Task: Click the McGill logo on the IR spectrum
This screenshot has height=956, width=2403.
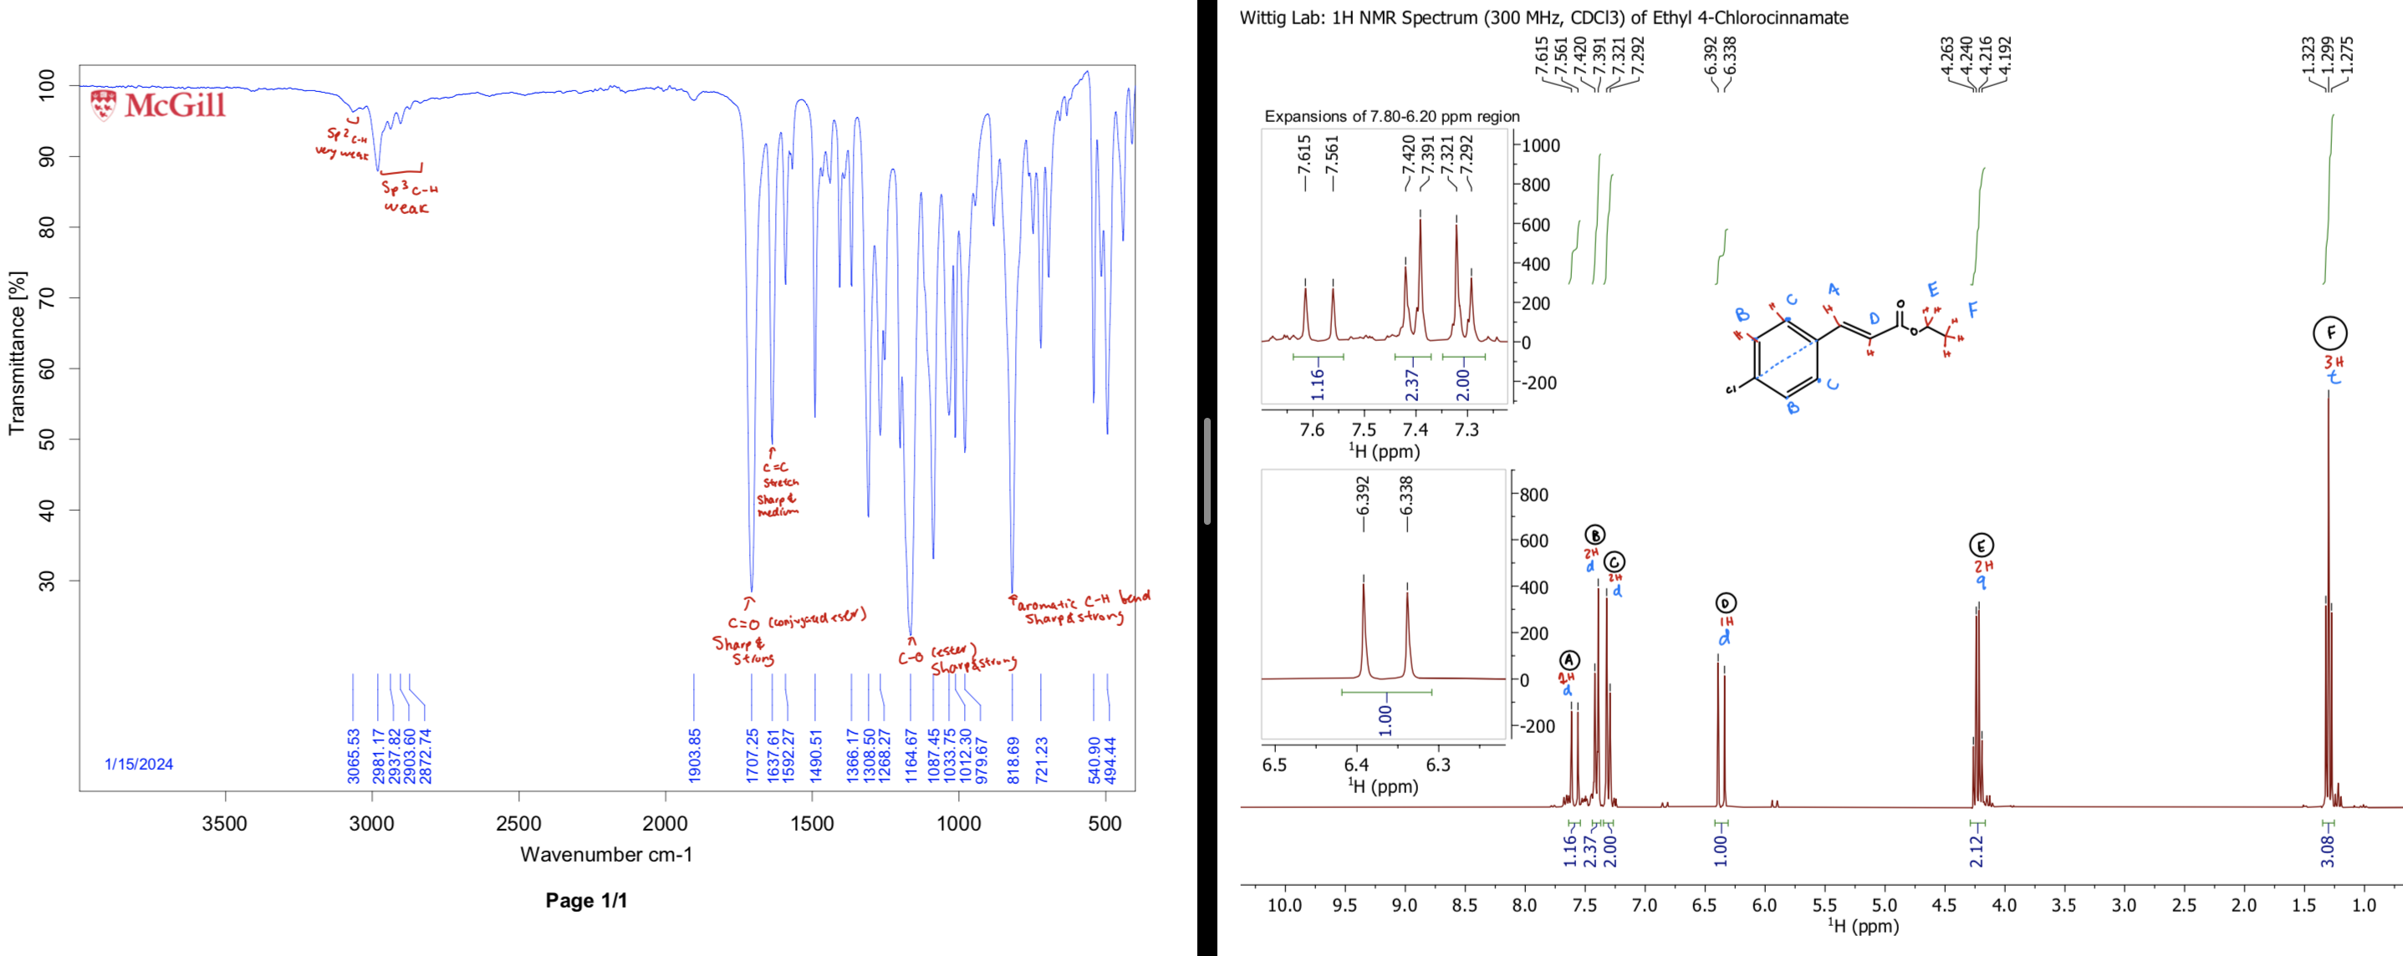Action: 159,104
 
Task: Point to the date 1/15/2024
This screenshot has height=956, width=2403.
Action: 139,764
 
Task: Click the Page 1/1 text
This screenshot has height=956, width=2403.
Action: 587,900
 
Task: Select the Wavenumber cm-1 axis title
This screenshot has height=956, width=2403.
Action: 606,854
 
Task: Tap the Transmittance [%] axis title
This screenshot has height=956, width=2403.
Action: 17,353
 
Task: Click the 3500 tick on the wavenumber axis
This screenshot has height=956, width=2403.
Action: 225,824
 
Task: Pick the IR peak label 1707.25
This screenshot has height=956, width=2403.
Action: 752,755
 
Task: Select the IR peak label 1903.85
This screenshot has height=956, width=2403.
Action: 694,755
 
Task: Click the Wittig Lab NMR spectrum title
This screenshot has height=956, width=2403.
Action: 1543,18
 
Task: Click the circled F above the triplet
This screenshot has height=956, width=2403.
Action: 2330,333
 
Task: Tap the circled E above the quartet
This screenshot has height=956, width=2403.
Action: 1982,546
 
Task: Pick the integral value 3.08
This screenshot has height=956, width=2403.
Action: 2328,851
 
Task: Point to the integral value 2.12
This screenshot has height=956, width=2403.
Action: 1977,851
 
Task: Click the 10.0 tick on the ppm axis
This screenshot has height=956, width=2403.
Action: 1284,905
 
